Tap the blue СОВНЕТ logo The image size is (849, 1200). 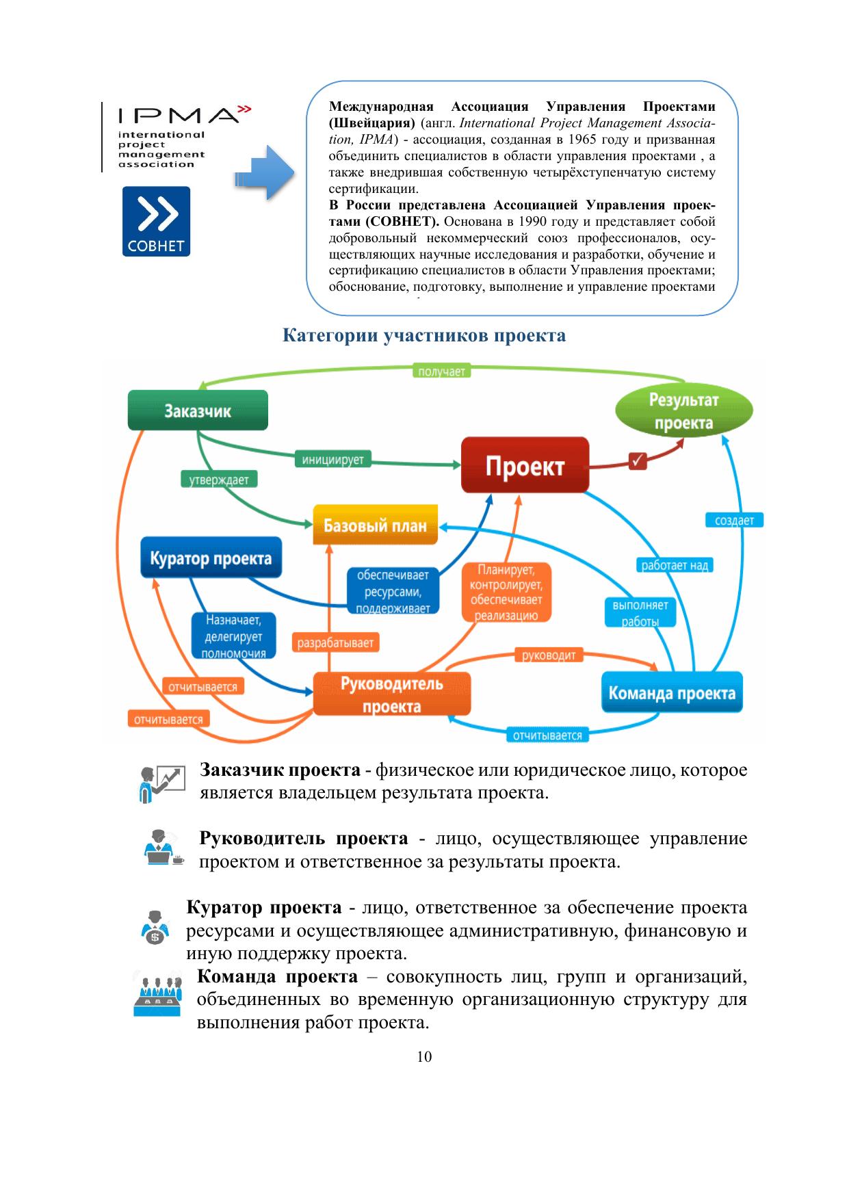[x=156, y=221]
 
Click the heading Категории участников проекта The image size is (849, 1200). [x=424, y=336]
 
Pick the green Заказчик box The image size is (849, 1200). [x=198, y=410]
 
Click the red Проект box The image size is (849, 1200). [x=525, y=466]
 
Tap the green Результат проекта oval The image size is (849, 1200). [x=683, y=411]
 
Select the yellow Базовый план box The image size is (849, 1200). [x=375, y=525]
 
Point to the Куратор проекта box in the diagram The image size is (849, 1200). [x=211, y=558]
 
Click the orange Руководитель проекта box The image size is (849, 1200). [x=392, y=694]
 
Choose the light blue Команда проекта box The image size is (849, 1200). [x=672, y=693]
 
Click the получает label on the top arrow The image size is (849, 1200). [x=441, y=371]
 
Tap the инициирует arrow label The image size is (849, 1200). [x=333, y=460]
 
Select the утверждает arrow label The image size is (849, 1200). [x=219, y=480]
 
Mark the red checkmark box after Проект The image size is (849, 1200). [x=638, y=460]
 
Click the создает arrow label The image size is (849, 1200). [x=734, y=521]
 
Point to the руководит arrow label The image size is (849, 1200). [x=549, y=655]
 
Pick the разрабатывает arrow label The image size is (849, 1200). [x=335, y=643]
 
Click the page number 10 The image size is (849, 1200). [x=424, y=1057]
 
